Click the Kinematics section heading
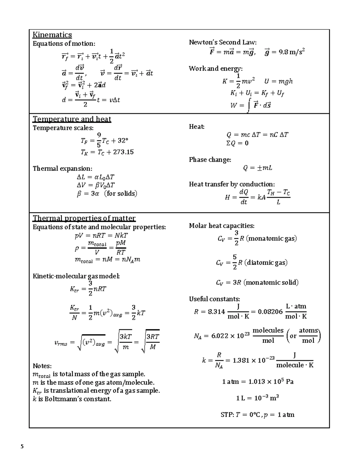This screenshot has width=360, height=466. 52,35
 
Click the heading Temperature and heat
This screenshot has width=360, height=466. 72,119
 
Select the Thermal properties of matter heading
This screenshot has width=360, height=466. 84,218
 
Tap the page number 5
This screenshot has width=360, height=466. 22,446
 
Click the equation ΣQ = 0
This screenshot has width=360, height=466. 237,143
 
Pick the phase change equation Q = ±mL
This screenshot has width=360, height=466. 257,168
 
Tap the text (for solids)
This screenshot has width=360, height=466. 121,194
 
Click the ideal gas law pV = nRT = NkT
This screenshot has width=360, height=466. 101,236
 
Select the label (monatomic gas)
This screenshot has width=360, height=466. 271,239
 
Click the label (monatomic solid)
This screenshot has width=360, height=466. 271,283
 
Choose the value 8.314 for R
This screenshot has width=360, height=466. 216,312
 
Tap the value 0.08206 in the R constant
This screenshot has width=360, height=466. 270,312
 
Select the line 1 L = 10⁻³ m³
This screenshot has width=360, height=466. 257,398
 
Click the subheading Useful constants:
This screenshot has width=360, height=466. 214,299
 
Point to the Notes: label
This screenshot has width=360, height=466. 42,366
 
